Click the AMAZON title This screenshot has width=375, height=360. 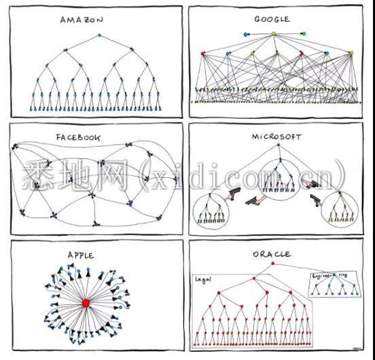click(x=82, y=20)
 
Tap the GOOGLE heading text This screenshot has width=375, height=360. click(x=272, y=19)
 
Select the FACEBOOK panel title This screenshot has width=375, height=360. click(x=78, y=137)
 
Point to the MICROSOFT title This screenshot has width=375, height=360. click(x=276, y=137)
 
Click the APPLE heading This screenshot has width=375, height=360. click(x=81, y=255)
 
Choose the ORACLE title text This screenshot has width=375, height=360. click(x=272, y=254)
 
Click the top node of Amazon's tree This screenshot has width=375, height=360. click(x=99, y=35)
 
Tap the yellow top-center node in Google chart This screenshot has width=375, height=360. click(x=274, y=34)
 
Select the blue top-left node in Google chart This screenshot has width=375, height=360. click(x=245, y=35)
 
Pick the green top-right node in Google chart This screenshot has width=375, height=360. click(x=304, y=34)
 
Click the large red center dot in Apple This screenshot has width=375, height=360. click(x=86, y=303)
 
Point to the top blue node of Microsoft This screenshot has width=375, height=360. click(x=278, y=145)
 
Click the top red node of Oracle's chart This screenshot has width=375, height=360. click(x=273, y=264)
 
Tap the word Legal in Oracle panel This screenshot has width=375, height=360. click(x=203, y=280)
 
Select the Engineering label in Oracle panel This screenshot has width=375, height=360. click(x=329, y=276)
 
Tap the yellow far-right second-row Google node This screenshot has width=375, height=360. click(x=351, y=53)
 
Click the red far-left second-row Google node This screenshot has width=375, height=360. click(x=203, y=53)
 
